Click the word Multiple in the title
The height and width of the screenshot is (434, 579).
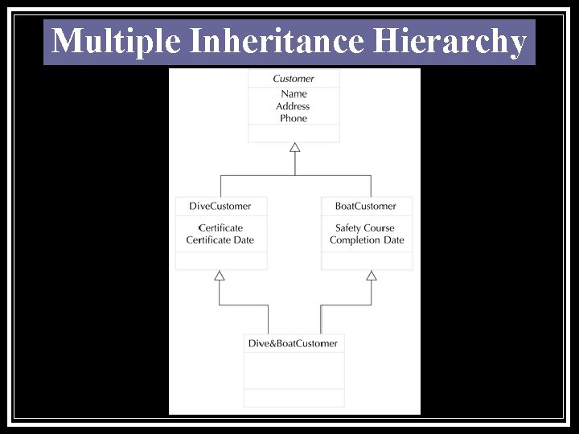116,41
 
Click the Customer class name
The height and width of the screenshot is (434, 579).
294,79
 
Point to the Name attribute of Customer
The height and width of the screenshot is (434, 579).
294,94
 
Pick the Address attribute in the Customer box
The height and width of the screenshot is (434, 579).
293,106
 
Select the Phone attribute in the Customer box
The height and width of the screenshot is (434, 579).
294,118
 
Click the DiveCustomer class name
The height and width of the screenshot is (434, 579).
220,206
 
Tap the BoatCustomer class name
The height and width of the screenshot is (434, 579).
366,206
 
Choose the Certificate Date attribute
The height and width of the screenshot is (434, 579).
220,240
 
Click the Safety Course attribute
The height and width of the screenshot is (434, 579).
365,227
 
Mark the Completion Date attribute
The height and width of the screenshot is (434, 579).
367,240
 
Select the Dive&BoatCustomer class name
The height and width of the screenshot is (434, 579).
293,343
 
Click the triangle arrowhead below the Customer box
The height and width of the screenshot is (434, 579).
295,147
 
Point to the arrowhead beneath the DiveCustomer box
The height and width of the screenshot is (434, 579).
220,276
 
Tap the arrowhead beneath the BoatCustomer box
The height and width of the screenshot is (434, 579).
372,276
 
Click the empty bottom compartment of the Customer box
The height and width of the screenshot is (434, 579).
294,133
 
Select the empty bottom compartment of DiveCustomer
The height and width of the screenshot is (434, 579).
221,260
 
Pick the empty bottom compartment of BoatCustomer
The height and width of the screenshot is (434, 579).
367,260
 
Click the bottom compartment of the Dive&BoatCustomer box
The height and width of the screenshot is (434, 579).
294,398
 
